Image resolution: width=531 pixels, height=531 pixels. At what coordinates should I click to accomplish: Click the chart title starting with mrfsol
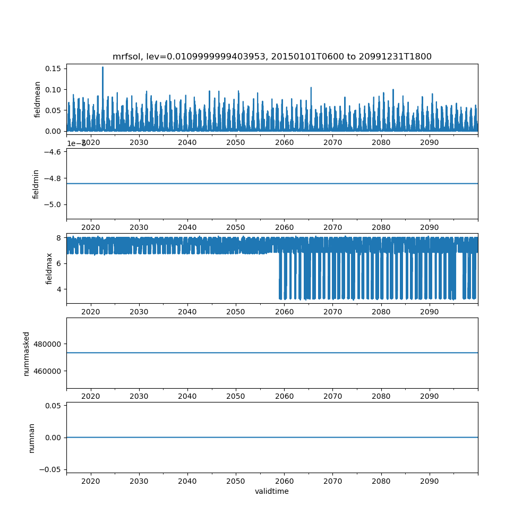coord(272,56)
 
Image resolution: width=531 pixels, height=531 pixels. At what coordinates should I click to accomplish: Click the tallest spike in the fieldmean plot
coord(102,68)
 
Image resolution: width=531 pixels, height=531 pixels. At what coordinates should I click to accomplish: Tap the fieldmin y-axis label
coord(36,184)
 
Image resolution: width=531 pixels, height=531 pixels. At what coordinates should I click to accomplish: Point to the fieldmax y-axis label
coord(49,268)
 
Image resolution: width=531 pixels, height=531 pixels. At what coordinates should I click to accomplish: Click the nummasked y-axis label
coord(27,353)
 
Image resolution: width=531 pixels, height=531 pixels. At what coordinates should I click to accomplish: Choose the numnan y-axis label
coord(31,437)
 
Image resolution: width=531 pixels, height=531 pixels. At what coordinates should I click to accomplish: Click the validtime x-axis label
coord(272,492)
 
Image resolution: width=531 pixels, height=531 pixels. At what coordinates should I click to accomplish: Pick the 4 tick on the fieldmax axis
coord(58,289)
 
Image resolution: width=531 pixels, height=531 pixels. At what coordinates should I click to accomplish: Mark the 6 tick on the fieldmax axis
coord(58,263)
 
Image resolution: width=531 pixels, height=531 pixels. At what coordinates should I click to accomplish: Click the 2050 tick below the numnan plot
coord(236,481)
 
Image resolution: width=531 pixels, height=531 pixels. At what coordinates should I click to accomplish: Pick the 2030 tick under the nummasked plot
coord(139,396)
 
